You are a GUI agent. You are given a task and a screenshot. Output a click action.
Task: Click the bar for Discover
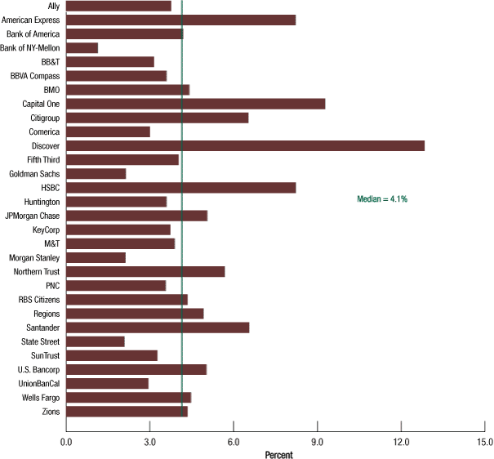tap(245, 145)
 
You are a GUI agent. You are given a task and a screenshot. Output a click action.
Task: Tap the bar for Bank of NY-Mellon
tap(82, 48)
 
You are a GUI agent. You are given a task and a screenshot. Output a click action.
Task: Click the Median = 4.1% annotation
tap(382, 198)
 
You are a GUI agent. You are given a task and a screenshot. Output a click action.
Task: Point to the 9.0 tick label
tap(318, 442)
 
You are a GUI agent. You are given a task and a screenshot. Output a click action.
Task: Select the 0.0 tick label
tap(66, 442)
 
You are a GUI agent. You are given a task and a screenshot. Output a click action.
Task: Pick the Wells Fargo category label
tap(39, 398)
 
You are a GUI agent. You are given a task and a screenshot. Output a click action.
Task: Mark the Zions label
tap(49, 412)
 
